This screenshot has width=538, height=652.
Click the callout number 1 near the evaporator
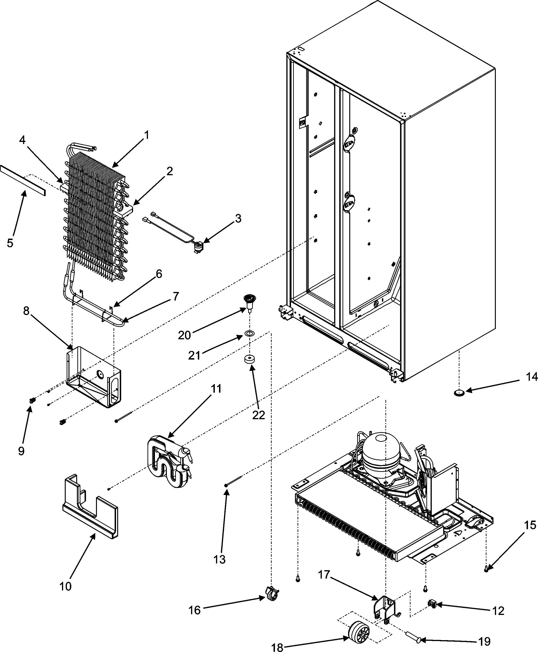click(x=147, y=135)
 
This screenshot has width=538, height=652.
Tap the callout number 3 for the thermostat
click(x=238, y=219)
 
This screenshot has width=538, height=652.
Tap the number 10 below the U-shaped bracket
click(x=65, y=586)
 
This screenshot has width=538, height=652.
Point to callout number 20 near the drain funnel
click(x=184, y=335)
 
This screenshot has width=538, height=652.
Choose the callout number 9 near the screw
click(x=21, y=451)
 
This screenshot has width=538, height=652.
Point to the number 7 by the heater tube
click(x=176, y=297)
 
